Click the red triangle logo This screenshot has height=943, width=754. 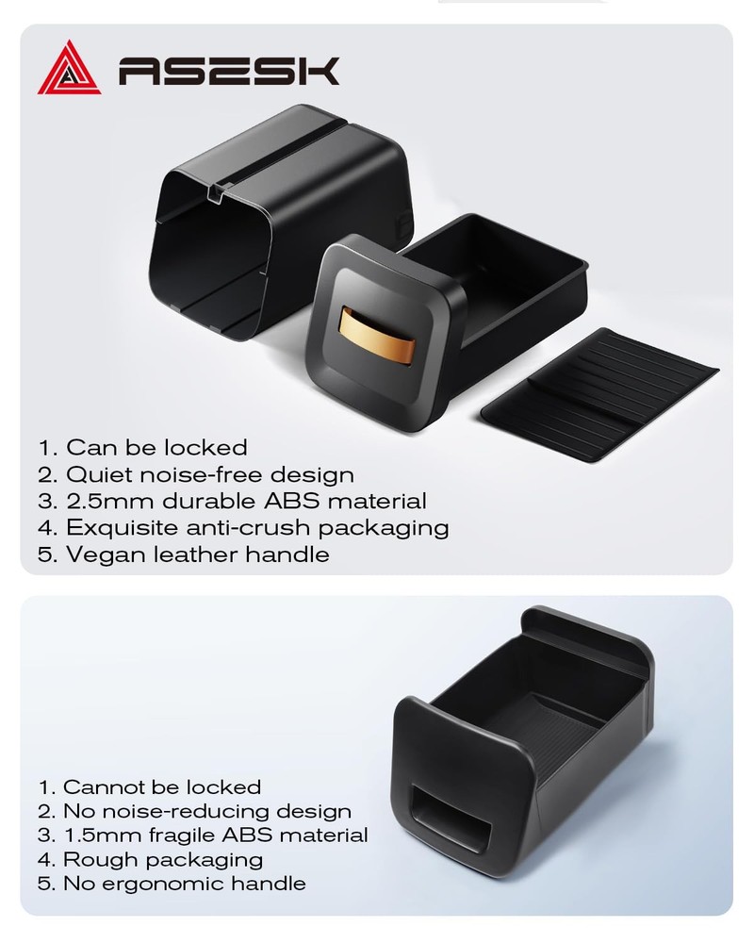69,69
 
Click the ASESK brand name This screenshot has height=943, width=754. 229,71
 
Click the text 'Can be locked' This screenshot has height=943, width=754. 157,447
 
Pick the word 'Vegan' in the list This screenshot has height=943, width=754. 106,554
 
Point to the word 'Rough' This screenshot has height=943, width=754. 101,860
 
